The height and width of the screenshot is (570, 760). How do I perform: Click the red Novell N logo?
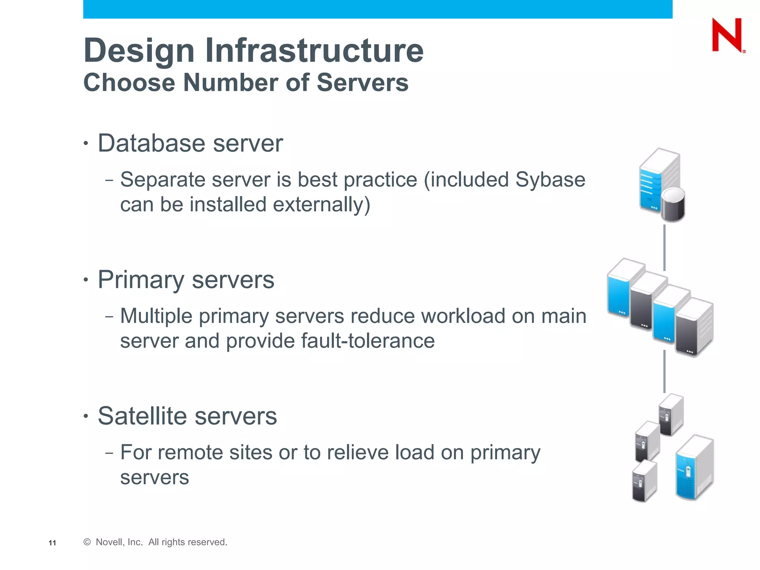pos(727,36)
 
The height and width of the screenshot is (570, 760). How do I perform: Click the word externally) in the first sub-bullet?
pos(321,205)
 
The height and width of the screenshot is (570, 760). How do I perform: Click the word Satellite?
pos(142,416)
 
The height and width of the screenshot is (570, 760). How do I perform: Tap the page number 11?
pos(52,543)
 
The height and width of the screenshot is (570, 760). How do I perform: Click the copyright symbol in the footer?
pos(87,542)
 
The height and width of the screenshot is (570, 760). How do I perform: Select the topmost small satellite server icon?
pos(671,415)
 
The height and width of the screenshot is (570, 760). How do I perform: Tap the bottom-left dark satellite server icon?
pos(644,482)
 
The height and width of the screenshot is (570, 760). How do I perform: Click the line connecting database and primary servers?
pos(664,247)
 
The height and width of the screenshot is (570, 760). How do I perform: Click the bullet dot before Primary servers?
pos(86,279)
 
